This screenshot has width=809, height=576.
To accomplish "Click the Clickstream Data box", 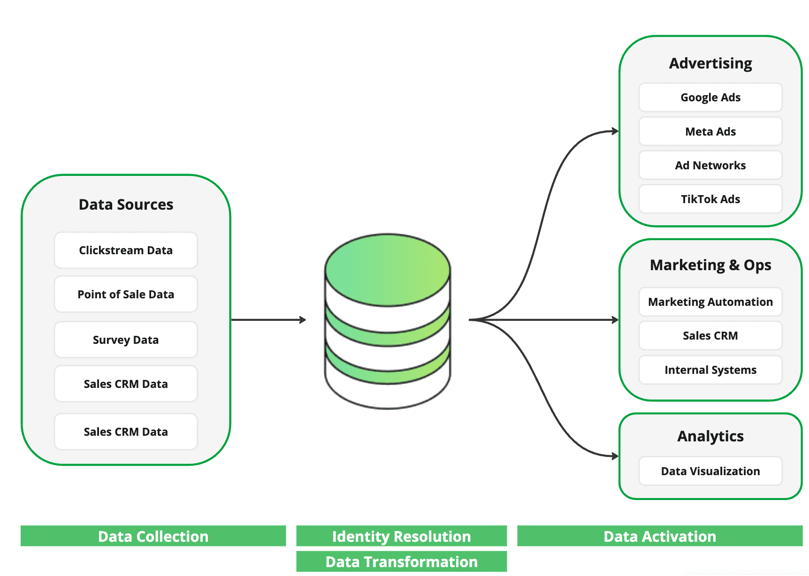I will point(126,250).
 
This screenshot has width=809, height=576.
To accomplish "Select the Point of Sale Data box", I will point(126,295).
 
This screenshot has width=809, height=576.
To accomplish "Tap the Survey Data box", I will point(126,340).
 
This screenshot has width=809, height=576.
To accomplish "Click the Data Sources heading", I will point(126,205).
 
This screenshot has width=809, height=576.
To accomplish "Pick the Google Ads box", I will point(710,98).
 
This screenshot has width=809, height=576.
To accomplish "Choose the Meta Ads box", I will point(710,132).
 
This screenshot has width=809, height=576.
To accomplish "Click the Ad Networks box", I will point(710,166).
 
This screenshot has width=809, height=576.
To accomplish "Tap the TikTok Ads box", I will point(710,199).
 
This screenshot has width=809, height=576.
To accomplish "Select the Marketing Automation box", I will point(710,302).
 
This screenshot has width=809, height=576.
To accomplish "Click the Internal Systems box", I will point(710,370).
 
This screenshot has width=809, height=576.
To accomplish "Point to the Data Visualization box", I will point(710,471).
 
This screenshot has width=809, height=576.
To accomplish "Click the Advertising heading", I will point(710,63).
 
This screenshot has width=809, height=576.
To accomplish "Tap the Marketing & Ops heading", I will point(710,265).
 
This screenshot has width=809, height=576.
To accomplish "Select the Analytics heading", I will point(710,436).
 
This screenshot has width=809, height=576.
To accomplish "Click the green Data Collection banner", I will point(153,536).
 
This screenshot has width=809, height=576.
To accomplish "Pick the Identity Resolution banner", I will point(401,536).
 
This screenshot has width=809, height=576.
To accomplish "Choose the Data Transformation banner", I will point(401,561).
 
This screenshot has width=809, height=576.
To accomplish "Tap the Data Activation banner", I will point(659,536).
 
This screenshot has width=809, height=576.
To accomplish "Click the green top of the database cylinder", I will point(388,270).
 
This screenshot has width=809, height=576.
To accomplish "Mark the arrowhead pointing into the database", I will point(303,320).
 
